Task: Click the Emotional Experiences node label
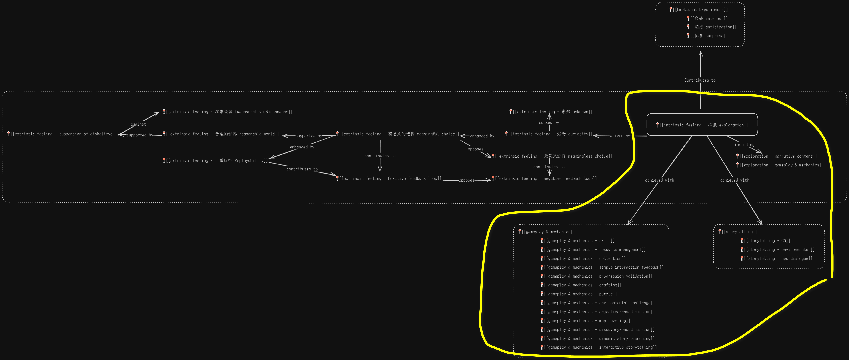tap(700, 10)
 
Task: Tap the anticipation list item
tap(713, 27)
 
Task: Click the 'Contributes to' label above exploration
tap(700, 80)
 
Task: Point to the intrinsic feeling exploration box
tap(702, 125)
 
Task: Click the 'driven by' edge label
tap(620, 136)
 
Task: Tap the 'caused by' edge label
tap(549, 122)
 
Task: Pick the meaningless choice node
tap(553, 156)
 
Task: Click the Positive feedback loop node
tap(390, 178)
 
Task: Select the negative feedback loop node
tap(545, 178)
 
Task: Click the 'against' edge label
tap(138, 124)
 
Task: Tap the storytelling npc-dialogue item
tap(778, 258)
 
